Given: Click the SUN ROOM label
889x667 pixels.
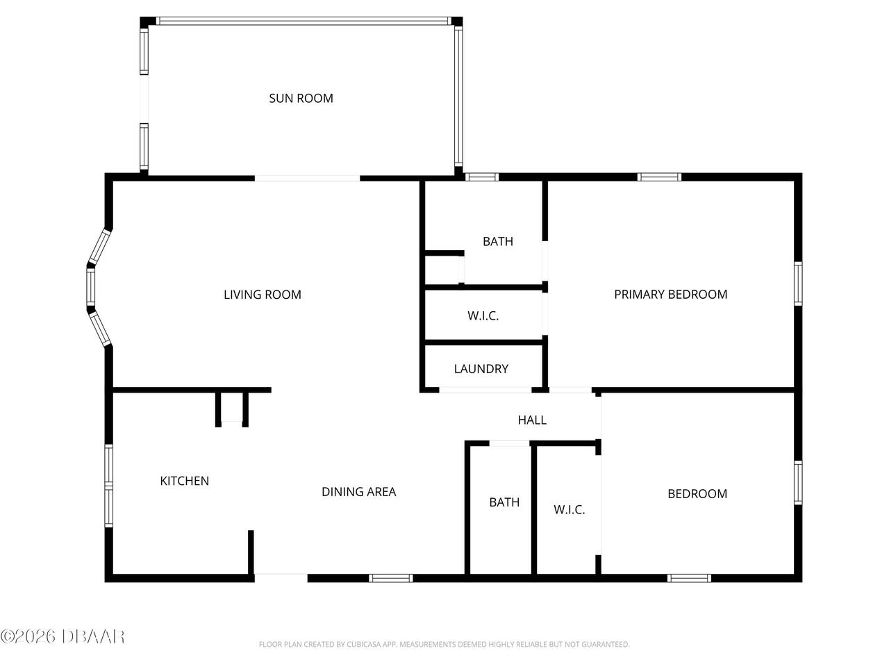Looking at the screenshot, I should point(301,98).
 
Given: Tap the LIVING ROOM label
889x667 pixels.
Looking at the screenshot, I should point(262,295).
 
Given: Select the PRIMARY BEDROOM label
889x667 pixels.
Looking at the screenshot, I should point(670,294).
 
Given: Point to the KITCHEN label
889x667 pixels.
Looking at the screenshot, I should point(184,481).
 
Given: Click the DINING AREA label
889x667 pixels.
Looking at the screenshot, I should point(358,492).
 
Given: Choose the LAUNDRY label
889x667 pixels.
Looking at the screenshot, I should point(481,369).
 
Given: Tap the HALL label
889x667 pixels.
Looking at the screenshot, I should point(532,420).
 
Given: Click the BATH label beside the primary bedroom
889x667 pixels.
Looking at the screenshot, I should point(497,241).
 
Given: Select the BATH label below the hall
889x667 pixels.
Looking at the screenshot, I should point(504,502).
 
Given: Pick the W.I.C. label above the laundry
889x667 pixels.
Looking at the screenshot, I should point(483,315).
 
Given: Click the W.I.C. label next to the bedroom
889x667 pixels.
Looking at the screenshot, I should point(569,509).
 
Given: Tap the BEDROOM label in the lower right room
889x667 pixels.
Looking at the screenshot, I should point(697,494).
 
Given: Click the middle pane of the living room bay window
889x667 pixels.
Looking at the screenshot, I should point(90,288).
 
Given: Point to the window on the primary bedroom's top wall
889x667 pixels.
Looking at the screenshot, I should point(659,177).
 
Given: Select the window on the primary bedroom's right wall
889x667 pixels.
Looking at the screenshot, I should point(798,283).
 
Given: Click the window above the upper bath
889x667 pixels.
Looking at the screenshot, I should point(481,177).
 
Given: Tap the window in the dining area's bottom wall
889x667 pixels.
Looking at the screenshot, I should point(390,577).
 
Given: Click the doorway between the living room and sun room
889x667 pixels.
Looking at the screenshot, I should point(307,179).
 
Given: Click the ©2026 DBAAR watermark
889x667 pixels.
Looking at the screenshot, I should point(63,636).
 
